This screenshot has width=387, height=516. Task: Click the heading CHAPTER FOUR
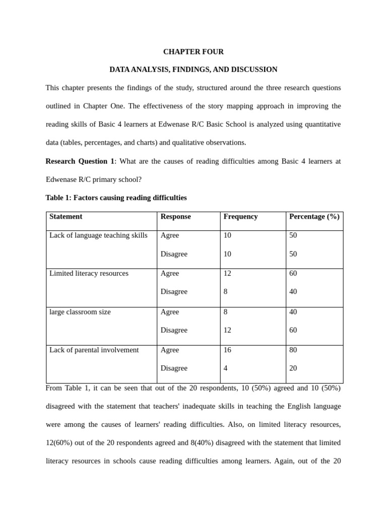[x=193, y=52]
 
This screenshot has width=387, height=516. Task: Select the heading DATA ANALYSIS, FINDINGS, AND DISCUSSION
[x=193, y=70]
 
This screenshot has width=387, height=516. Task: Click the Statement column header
[x=66, y=217]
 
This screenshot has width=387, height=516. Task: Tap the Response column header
[x=175, y=217]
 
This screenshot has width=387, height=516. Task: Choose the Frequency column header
[x=240, y=217]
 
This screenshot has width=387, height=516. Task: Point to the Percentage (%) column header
[x=314, y=217]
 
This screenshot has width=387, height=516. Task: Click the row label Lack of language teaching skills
[x=98, y=235]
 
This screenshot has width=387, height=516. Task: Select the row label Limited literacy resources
[x=89, y=274]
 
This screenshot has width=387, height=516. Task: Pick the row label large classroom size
[x=80, y=312]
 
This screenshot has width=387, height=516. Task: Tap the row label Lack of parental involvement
[x=94, y=350]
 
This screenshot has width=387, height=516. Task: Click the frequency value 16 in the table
[x=227, y=350]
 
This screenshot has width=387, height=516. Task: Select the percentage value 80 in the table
[x=293, y=350]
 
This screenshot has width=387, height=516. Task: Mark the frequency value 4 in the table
[x=226, y=368]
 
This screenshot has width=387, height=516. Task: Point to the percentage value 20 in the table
[x=293, y=368]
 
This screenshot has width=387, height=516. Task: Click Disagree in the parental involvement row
[x=174, y=368]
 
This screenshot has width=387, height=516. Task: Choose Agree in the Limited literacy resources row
[x=170, y=274]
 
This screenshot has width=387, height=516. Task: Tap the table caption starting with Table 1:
[x=116, y=198]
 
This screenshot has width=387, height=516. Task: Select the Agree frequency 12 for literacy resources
[x=227, y=274]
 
